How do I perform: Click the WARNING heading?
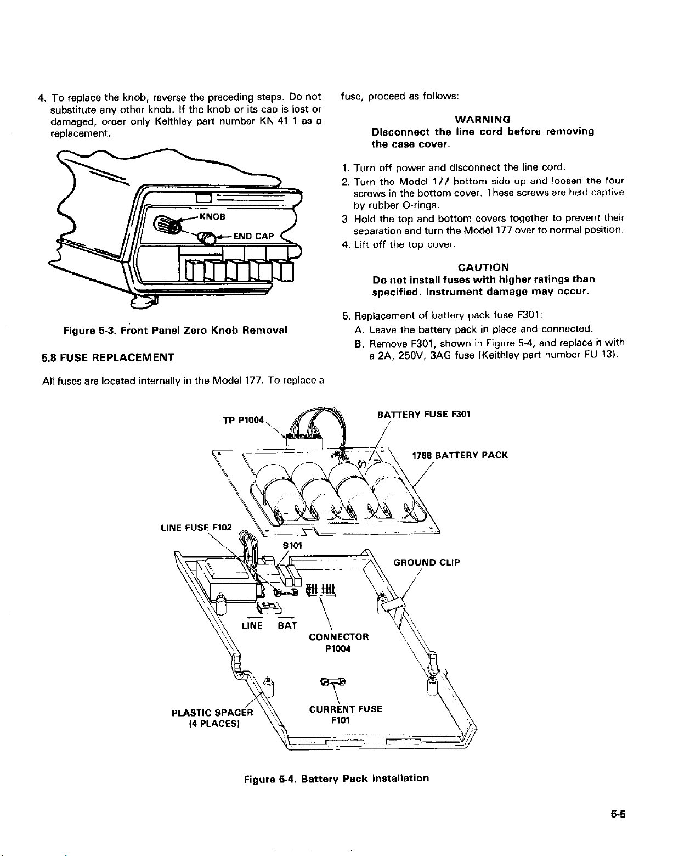(483, 119)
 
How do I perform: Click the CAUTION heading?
(483, 267)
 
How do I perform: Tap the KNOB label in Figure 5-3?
(213, 216)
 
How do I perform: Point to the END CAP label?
(253, 237)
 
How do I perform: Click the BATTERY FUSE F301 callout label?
(423, 415)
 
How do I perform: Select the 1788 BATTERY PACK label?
(460, 455)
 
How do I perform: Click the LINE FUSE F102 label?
(196, 528)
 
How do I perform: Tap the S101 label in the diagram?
(292, 545)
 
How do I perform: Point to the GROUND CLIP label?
(426, 562)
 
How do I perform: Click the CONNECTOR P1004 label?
(338, 642)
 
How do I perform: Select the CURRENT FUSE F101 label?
(345, 714)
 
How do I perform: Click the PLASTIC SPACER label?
(212, 713)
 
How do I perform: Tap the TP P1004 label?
(244, 421)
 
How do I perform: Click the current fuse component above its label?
(333, 681)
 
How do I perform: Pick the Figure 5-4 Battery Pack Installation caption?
(336, 778)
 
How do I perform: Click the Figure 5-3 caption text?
(176, 331)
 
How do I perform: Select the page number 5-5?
(618, 815)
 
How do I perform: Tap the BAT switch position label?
(287, 625)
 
